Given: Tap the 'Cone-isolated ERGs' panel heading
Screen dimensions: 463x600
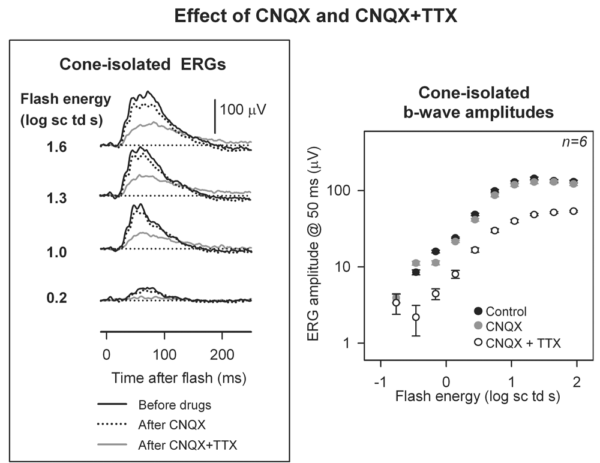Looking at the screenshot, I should pyautogui.click(x=142, y=65).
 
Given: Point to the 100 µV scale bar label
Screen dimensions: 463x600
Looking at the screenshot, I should pyautogui.click(x=243, y=110).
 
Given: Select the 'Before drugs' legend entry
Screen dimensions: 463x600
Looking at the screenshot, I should pyautogui.click(x=174, y=405).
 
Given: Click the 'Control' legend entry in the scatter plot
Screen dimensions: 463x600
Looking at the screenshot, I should pyautogui.click(x=506, y=312).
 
